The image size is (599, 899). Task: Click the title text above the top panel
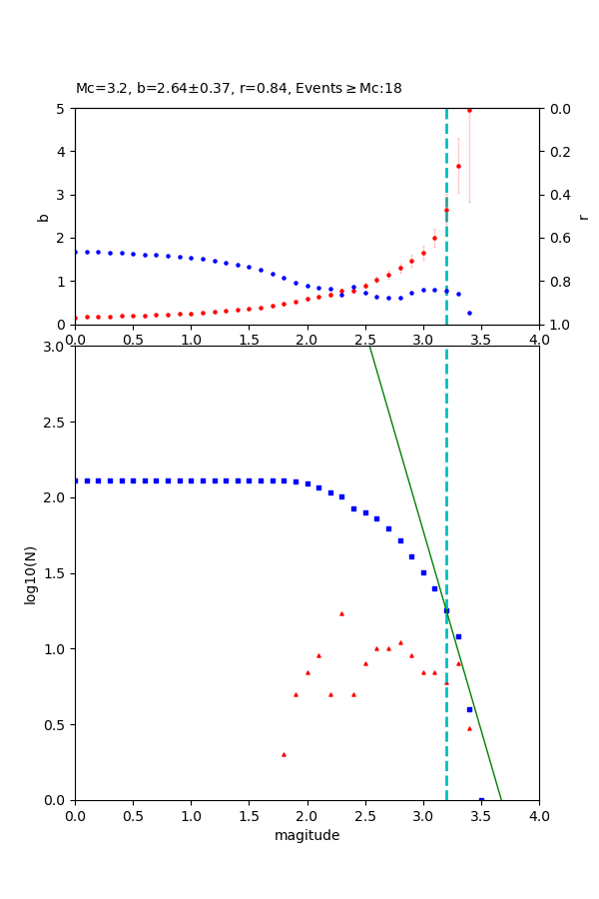click(x=239, y=88)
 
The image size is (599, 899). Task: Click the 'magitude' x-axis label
click(x=306, y=835)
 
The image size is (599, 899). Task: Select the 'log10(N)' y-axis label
click(x=30, y=573)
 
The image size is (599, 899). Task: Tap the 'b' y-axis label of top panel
click(x=43, y=216)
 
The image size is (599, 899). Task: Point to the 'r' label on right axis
click(x=583, y=216)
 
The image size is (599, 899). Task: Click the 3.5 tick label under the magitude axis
click(x=481, y=816)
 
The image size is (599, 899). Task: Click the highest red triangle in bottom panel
click(x=341, y=613)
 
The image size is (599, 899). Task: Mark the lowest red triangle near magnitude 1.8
click(x=284, y=754)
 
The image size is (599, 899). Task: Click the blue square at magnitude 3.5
click(x=481, y=799)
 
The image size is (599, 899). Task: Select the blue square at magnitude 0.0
click(x=76, y=480)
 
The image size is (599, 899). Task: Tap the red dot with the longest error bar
click(x=469, y=110)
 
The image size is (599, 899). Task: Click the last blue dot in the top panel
click(x=469, y=313)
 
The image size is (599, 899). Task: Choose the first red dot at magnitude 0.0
click(x=76, y=318)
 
